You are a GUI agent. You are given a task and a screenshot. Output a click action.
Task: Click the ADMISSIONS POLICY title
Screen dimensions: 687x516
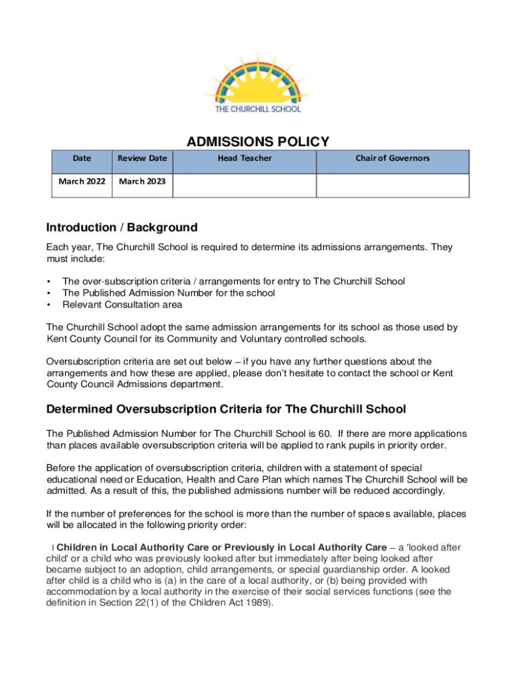click(x=258, y=142)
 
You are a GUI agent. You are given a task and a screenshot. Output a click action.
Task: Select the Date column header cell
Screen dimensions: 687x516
click(x=82, y=158)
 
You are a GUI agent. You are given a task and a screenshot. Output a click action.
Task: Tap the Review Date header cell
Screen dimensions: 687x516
click(x=142, y=158)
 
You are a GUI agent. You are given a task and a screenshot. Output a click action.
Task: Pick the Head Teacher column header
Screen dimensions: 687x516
click(x=245, y=158)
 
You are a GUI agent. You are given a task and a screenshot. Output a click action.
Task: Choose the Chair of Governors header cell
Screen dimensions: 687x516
click(x=392, y=158)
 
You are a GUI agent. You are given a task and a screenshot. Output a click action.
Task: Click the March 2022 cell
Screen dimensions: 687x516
click(x=82, y=180)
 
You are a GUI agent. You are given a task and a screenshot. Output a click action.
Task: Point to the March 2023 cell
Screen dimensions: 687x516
click(x=142, y=180)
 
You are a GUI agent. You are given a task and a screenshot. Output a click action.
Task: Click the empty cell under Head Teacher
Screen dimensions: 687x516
click(x=245, y=185)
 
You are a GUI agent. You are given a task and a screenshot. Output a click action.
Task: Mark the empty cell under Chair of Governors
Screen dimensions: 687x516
click(x=392, y=185)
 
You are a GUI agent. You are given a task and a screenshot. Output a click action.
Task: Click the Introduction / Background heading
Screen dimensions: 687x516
click(x=121, y=227)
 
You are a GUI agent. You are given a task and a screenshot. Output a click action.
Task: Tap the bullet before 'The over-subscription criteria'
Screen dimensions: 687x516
click(x=49, y=282)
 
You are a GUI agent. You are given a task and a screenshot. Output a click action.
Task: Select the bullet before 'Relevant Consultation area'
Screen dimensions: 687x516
click(x=49, y=305)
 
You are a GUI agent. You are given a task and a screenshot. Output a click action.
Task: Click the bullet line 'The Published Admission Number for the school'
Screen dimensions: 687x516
click(x=168, y=293)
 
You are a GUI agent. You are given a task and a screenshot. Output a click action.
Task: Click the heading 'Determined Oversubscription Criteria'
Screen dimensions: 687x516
click(x=226, y=409)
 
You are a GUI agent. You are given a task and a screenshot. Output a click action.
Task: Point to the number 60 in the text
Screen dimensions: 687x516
click(x=325, y=434)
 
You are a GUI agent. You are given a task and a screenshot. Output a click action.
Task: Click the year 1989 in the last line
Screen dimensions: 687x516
click(x=258, y=602)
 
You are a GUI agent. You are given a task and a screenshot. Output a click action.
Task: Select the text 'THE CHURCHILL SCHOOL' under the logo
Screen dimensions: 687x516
click(x=258, y=109)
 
